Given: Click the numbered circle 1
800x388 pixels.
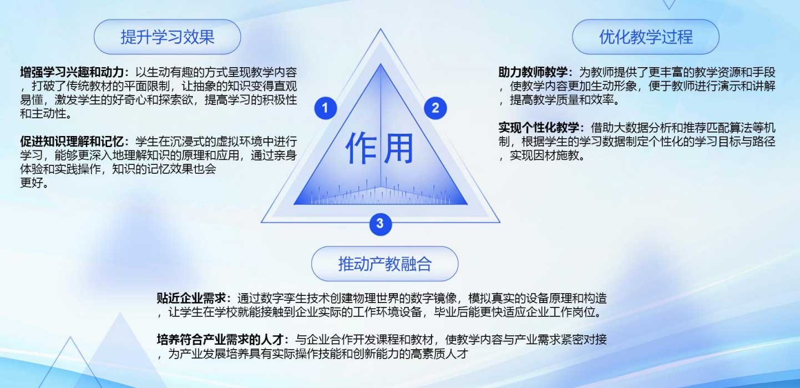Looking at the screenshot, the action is (x=325, y=108).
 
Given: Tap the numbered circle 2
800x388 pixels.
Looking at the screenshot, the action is (x=436, y=108).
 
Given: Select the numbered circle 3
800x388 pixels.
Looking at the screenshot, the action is (x=381, y=224).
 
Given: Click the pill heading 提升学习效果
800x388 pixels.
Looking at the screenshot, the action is (x=167, y=37).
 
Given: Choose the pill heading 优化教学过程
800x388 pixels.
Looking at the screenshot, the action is (x=646, y=37).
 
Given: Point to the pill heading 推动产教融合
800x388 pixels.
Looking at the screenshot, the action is (x=384, y=264).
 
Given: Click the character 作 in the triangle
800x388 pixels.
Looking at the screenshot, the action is (x=361, y=148).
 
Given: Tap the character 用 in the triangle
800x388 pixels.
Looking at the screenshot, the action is (x=399, y=148).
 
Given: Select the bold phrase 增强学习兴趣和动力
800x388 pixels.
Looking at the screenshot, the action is (x=72, y=73).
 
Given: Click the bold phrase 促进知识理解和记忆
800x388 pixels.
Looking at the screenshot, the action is (x=72, y=142).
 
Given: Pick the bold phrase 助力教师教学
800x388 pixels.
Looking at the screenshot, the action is (x=533, y=73).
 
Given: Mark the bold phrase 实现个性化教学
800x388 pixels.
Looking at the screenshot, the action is (x=539, y=128).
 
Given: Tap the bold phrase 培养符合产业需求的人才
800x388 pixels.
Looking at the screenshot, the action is (x=220, y=339).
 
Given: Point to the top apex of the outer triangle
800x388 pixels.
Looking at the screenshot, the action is (x=381, y=29).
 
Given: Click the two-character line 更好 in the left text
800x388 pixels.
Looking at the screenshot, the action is (x=32, y=183).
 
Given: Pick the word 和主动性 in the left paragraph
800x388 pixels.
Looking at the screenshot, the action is (x=43, y=114).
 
